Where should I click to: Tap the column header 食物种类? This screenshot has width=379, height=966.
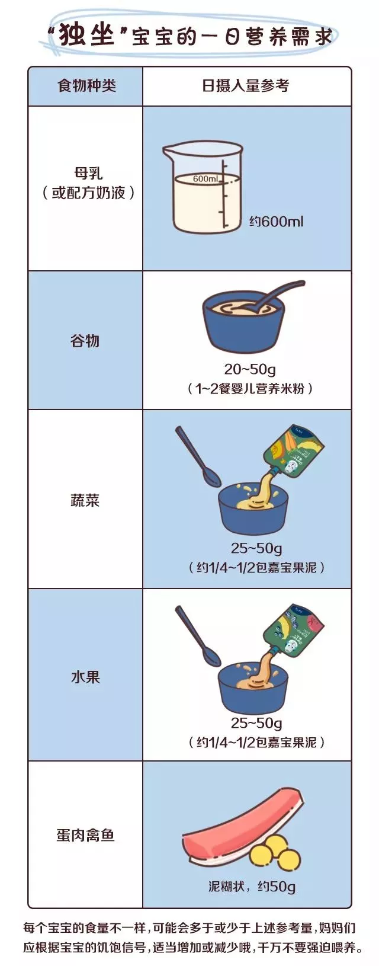click(86, 86)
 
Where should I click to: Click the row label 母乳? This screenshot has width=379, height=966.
click(88, 173)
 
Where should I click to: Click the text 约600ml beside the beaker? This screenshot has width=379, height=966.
click(276, 222)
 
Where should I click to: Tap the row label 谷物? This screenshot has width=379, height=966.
click(85, 341)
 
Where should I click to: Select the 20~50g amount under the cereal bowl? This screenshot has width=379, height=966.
click(249, 369)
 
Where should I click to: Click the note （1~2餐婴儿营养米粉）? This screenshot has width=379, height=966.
click(249, 389)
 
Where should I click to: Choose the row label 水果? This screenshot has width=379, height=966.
click(85, 677)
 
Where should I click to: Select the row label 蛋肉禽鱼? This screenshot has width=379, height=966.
click(85, 835)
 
